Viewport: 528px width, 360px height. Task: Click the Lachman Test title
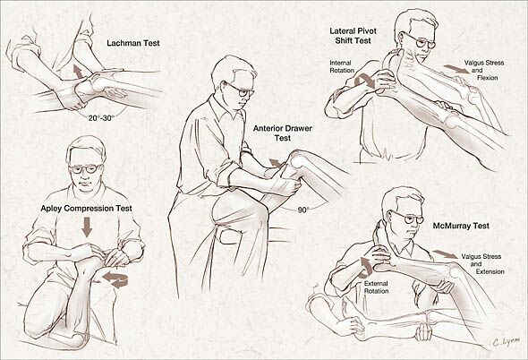pyautogui.click(x=133, y=43)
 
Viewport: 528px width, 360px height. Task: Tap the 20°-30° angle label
pyautogui.click(x=101, y=118)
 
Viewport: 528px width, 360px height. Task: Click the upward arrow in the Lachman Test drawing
pyautogui.click(x=79, y=72)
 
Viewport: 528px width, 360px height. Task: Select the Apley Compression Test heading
pyautogui.click(x=86, y=209)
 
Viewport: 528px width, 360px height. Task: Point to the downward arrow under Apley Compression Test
pyautogui.click(x=87, y=227)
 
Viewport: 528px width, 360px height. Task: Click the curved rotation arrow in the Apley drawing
pyautogui.click(x=116, y=279)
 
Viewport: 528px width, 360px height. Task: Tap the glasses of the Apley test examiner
pyautogui.click(x=86, y=168)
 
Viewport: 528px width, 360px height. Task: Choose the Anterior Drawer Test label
pyautogui.click(x=283, y=133)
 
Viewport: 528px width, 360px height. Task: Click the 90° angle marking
pyautogui.click(x=303, y=210)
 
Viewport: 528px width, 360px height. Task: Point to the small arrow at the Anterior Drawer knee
pyautogui.click(x=276, y=162)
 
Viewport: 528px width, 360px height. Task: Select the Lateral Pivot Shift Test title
pyautogui.click(x=353, y=36)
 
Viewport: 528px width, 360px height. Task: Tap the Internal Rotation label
pyautogui.click(x=342, y=66)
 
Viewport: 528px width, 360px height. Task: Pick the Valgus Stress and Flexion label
pyautogui.click(x=484, y=70)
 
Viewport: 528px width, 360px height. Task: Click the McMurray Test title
pyautogui.click(x=461, y=226)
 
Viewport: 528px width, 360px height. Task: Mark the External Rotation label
pyautogui.click(x=376, y=287)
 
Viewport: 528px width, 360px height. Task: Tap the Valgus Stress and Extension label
pyautogui.click(x=483, y=264)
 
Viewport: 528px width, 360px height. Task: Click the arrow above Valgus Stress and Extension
pyautogui.click(x=445, y=254)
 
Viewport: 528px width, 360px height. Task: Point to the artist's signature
pyautogui.click(x=506, y=342)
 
